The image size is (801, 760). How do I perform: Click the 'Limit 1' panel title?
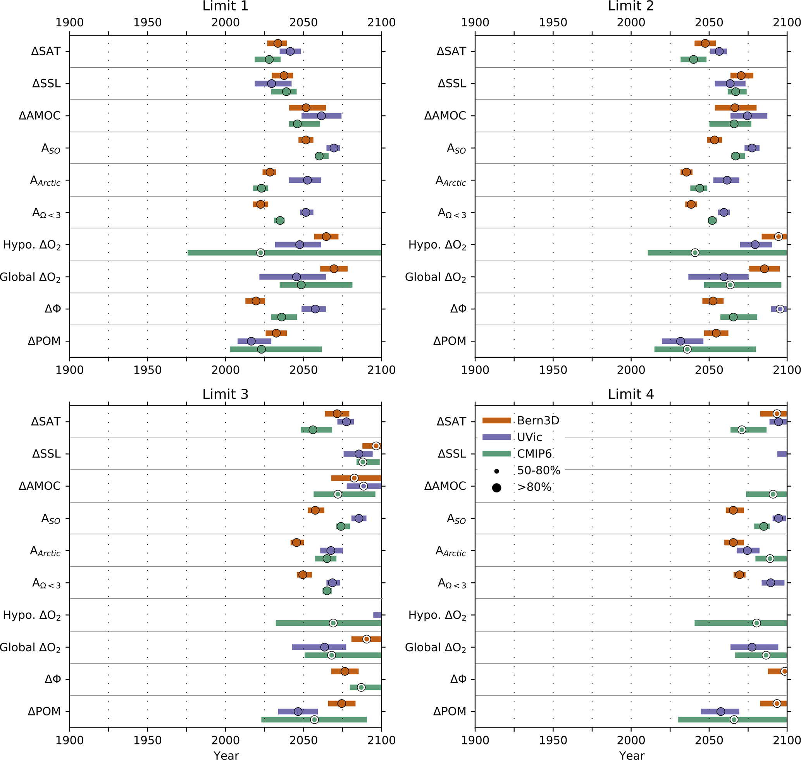[x=225, y=6]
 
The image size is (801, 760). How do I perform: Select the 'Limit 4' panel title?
[x=630, y=394]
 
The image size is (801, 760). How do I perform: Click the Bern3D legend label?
[x=538, y=420]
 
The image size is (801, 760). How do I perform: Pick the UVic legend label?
[x=530, y=437]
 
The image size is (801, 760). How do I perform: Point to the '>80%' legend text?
[x=534, y=487]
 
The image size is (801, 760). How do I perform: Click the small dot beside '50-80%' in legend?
[x=496, y=471]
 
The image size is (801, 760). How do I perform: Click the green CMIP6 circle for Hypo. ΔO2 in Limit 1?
[x=260, y=253]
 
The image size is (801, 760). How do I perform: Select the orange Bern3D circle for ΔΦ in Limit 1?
[x=256, y=301]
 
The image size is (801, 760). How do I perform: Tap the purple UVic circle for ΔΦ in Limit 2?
[x=780, y=309]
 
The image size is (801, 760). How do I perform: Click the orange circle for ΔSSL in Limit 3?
[x=376, y=446]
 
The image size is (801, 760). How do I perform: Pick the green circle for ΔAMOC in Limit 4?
[x=773, y=494]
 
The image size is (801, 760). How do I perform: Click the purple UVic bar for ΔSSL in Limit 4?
[x=782, y=454]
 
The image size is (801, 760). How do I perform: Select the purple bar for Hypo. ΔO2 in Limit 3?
[x=377, y=615]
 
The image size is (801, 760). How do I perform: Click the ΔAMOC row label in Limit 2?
[x=445, y=116]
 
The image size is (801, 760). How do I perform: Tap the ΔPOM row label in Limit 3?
[x=44, y=711]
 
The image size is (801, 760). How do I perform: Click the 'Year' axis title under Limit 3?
[x=226, y=755]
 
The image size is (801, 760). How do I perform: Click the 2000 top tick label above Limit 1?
[x=225, y=22]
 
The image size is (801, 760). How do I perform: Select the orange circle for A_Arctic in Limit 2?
[x=686, y=172]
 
